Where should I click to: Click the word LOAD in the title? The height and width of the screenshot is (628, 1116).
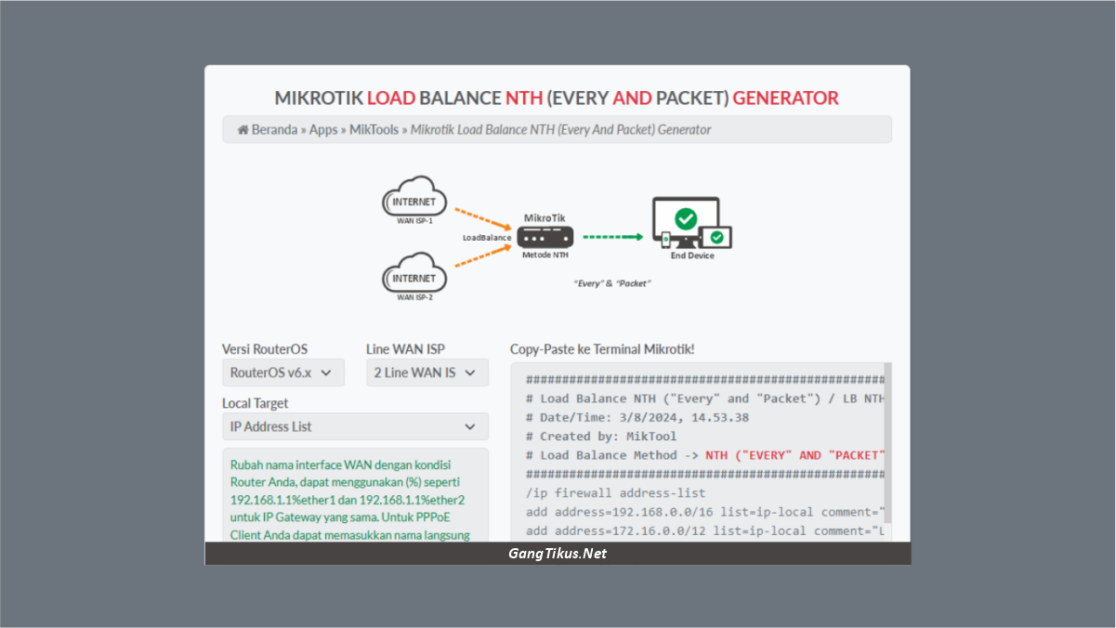[391, 98]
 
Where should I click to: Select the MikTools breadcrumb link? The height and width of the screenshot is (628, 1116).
[374, 130]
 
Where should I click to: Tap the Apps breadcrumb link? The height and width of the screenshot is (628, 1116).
[323, 130]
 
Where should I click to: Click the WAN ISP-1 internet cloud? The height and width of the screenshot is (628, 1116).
[414, 198]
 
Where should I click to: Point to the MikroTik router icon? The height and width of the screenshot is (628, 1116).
[545, 237]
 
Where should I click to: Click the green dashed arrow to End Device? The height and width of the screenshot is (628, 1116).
[612, 237]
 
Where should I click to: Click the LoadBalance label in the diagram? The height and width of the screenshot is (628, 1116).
[487, 238]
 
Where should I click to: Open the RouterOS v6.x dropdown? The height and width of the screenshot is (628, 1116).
[282, 373]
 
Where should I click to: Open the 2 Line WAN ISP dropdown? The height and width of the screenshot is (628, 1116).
[427, 373]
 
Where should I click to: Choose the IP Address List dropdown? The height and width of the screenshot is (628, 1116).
[354, 426]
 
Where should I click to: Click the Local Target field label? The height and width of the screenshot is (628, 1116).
[255, 403]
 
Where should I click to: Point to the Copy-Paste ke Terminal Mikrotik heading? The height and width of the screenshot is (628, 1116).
[602, 349]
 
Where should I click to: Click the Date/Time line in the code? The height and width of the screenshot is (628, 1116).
[637, 417]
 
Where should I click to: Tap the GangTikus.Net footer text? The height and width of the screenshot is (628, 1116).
[558, 554]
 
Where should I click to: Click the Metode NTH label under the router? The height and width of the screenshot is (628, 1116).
[545, 255]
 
